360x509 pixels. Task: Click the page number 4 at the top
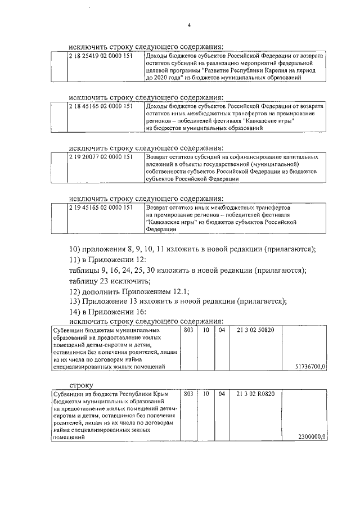coord(190,25)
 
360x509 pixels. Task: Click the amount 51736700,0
coord(310,366)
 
